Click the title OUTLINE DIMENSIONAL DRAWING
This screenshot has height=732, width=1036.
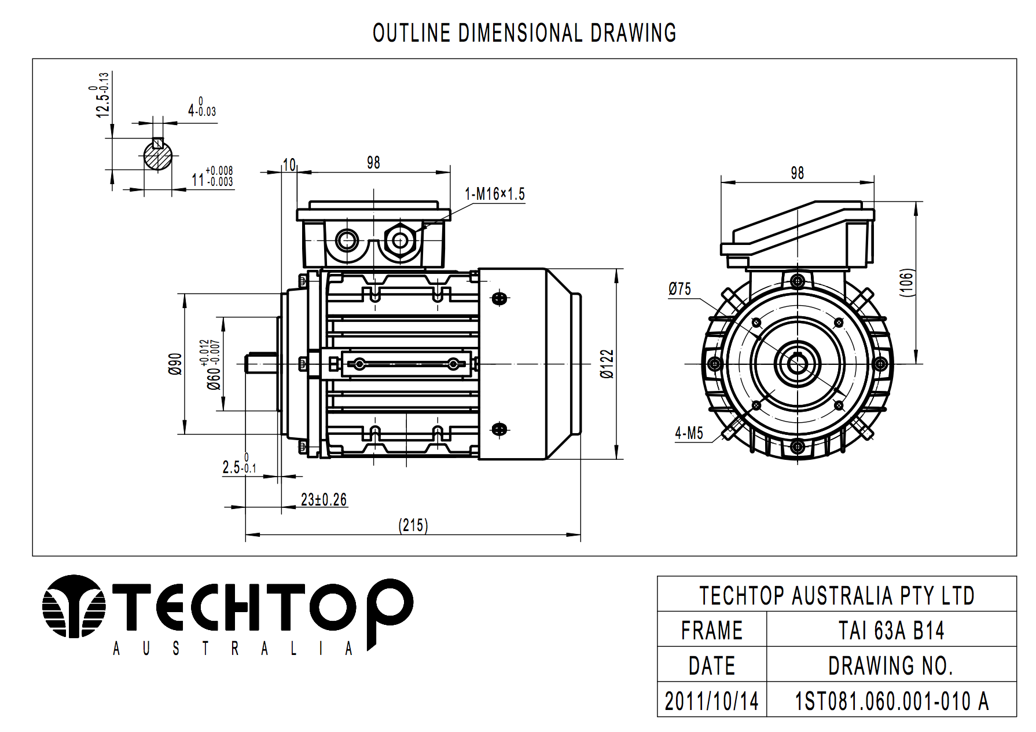pyautogui.click(x=524, y=33)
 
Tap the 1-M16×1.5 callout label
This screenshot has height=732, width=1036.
pyautogui.click(x=495, y=194)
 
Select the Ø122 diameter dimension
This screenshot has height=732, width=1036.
pyautogui.click(x=607, y=364)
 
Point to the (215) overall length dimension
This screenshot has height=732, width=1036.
pyautogui.click(x=413, y=525)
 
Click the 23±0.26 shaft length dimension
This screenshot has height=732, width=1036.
pyautogui.click(x=324, y=500)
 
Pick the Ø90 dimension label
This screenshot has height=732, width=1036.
pyautogui.click(x=175, y=364)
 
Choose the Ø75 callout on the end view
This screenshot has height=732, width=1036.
pyautogui.click(x=679, y=289)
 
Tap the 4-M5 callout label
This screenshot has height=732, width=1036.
pyautogui.click(x=689, y=433)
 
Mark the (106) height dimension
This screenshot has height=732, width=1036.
pyautogui.click(x=906, y=283)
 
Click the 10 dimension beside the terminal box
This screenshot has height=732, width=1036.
pyautogui.click(x=289, y=165)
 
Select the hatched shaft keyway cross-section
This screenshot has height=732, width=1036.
pyautogui.click(x=158, y=155)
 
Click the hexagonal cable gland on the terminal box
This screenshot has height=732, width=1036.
pyautogui.click(x=399, y=240)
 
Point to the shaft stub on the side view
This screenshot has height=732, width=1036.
pyautogui.click(x=261, y=364)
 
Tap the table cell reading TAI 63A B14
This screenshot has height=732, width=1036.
pyautogui.click(x=891, y=630)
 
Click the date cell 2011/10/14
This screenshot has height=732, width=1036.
pyautogui.click(x=711, y=701)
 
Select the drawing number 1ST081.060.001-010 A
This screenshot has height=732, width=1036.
pyautogui.click(x=891, y=701)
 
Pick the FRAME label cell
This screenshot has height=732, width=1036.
pyautogui.click(x=711, y=630)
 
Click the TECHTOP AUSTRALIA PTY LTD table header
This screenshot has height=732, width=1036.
pyautogui.click(x=836, y=595)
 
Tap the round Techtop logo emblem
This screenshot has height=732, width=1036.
pyautogui.click(x=74, y=606)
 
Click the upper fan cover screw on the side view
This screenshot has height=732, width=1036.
pyautogui.click(x=499, y=299)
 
